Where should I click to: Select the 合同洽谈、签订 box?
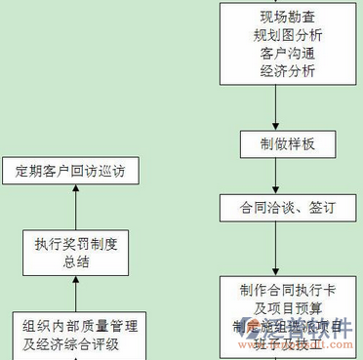click(274, 208)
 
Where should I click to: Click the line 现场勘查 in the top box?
click(274, 17)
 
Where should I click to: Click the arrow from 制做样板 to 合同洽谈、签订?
click(274, 177)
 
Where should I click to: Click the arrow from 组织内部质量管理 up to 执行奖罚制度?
click(75, 294)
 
